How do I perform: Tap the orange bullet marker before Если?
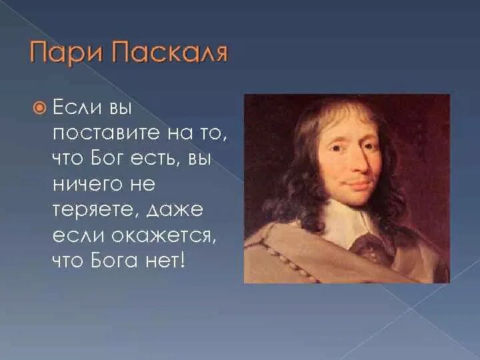click(x=41, y=106)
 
